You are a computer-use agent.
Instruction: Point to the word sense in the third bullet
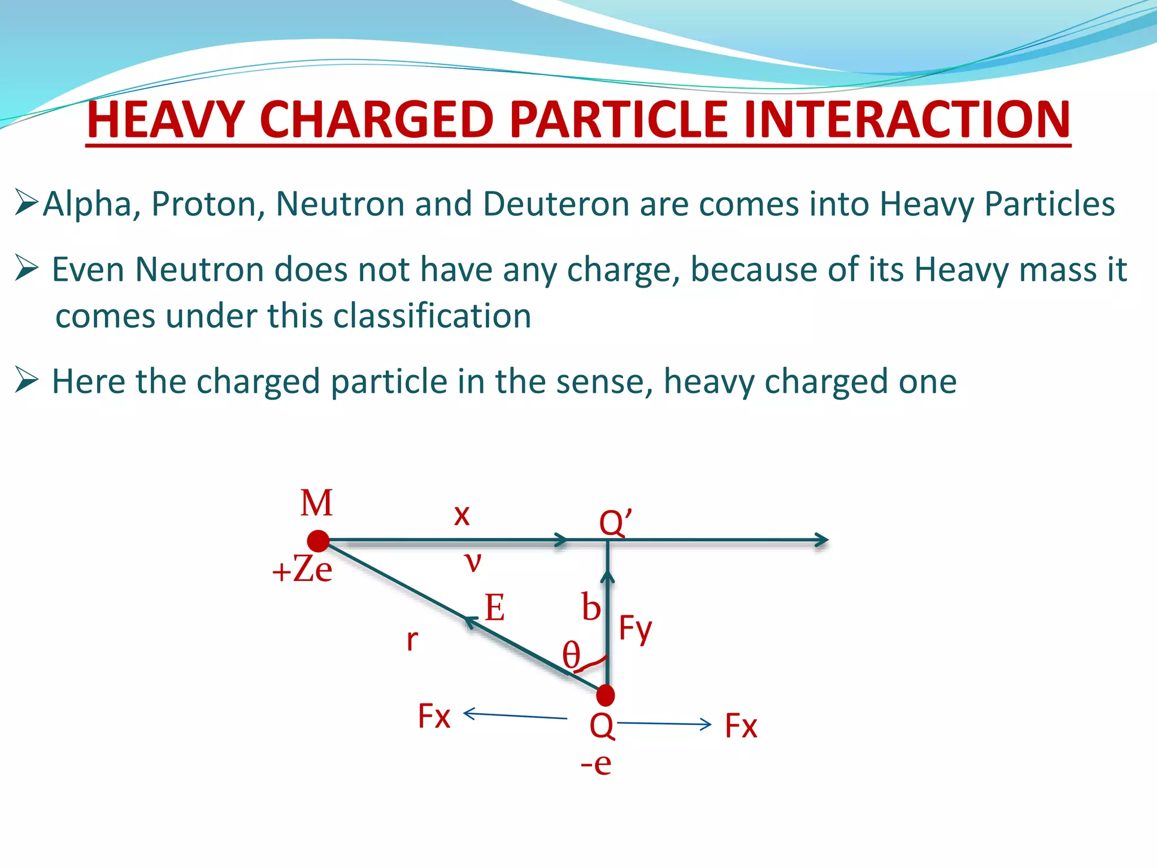tap(600, 381)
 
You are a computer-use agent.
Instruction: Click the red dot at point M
tap(319, 541)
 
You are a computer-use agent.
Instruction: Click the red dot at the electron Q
tap(606, 695)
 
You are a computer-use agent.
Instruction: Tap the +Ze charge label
tap(302, 570)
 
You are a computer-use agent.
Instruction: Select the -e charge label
tap(596, 763)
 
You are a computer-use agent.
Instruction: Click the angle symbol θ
tap(571, 656)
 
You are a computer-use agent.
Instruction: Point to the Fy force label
tap(636, 628)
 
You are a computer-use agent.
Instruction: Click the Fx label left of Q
tap(434, 717)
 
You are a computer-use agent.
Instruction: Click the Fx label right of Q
tap(741, 726)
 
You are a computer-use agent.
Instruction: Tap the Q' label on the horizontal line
tap(615, 523)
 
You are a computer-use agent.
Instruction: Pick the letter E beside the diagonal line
tap(495, 608)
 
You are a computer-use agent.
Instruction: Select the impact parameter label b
tap(591, 607)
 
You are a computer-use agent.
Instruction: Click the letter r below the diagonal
tap(412, 640)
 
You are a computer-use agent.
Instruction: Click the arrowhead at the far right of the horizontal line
tap(822, 540)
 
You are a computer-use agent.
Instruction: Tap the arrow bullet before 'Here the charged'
tap(27, 380)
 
